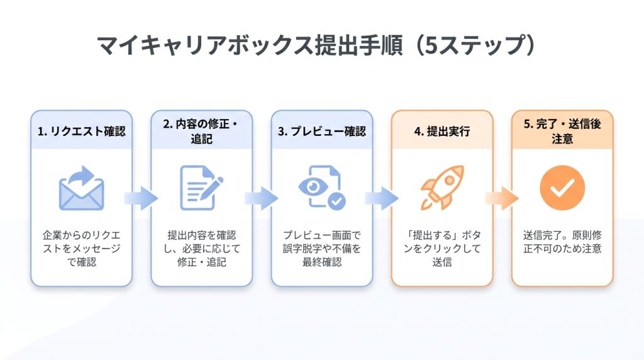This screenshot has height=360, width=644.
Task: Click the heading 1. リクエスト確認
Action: tap(81, 131)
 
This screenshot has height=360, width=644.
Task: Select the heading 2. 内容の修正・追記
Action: tap(201, 131)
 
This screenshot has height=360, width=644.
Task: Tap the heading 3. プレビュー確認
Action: tap(321, 131)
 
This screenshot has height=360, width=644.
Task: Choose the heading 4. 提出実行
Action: tap(442, 131)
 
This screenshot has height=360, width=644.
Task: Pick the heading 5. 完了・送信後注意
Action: tap(562, 131)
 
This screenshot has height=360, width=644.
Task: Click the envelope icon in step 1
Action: tap(81, 188)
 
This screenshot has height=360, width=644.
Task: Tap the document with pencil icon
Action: tap(201, 188)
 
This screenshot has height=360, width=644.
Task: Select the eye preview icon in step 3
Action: tap(321, 188)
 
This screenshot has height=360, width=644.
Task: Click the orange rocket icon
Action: tap(442, 188)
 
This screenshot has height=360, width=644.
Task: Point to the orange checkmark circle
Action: tap(562, 188)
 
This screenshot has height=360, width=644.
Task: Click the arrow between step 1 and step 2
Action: tap(142, 198)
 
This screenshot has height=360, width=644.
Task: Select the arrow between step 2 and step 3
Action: tap(262, 198)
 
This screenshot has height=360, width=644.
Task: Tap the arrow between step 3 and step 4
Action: tap(382, 198)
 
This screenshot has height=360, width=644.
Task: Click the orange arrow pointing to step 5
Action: tap(502, 198)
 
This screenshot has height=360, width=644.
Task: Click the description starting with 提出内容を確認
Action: tap(201, 249)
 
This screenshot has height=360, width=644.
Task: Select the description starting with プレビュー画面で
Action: tap(321, 249)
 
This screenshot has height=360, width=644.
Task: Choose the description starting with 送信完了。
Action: tap(562, 242)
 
